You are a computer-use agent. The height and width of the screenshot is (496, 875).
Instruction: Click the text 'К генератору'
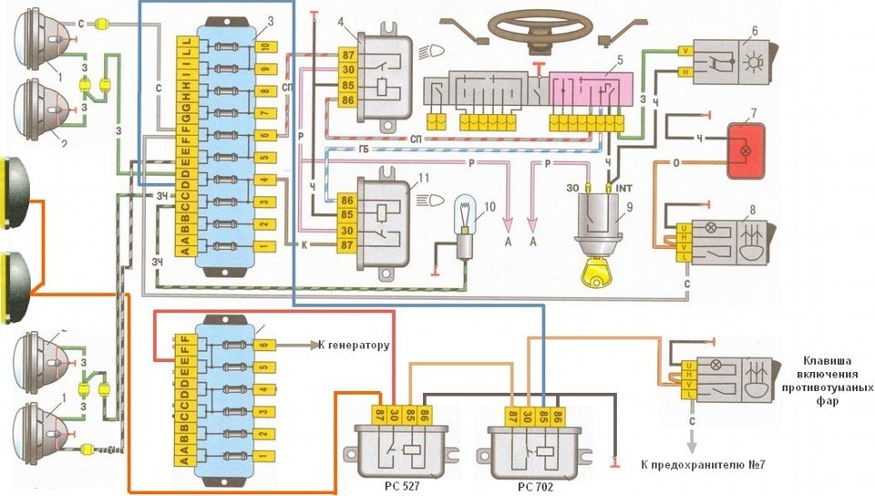click(354, 346)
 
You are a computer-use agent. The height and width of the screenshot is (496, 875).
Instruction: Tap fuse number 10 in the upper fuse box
click(263, 46)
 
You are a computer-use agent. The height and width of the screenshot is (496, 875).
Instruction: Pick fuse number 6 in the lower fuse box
click(263, 346)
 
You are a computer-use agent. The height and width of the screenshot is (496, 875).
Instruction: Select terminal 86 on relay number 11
click(347, 199)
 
